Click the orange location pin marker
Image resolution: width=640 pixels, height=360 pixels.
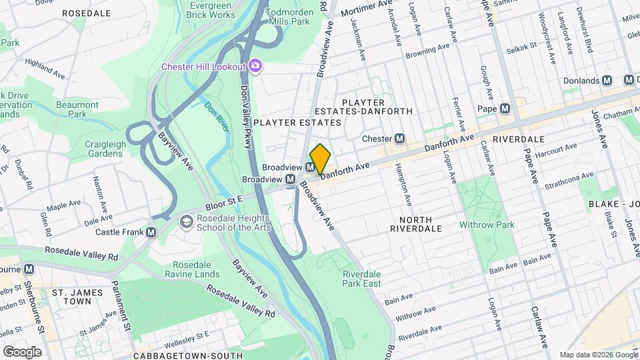click(x=320, y=159)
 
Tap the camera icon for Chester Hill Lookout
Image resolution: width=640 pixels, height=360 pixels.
click(x=254, y=65)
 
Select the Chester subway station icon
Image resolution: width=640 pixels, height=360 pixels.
click(x=400, y=139)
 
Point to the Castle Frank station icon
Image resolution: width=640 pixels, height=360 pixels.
click(x=151, y=232)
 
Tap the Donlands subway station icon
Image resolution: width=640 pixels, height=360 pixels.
click(x=607, y=80)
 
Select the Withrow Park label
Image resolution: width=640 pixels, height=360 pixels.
click(x=487, y=225)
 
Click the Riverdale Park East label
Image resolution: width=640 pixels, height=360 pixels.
click(x=361, y=279)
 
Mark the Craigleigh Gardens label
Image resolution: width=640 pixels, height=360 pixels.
click(x=103, y=148)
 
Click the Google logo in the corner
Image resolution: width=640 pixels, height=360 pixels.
click(x=21, y=351)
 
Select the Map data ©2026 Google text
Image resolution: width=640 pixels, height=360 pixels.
click(x=597, y=355)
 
